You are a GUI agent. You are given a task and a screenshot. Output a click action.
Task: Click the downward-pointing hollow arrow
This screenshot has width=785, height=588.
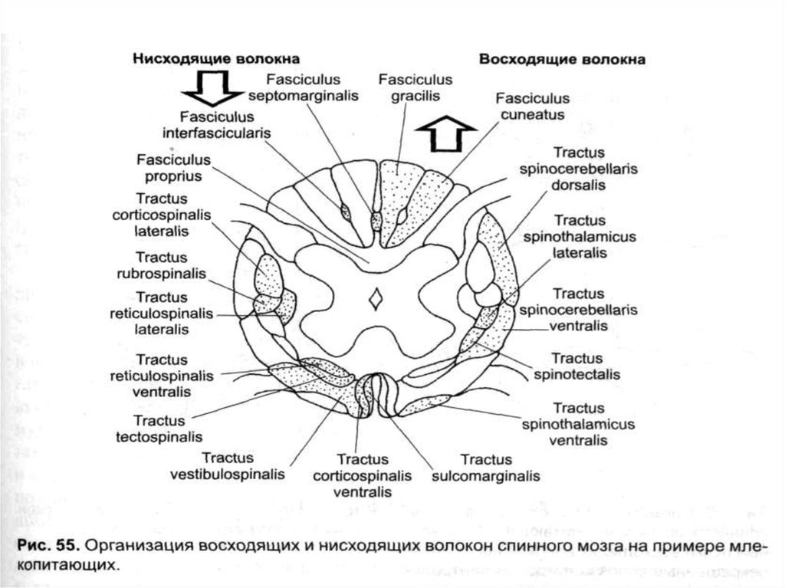[213, 87]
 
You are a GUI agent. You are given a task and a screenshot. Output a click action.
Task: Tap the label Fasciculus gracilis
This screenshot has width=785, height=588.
[415, 88]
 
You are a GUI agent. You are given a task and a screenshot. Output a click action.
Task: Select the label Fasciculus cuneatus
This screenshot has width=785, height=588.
[532, 107]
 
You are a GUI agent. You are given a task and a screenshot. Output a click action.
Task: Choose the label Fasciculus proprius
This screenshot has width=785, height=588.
[169, 167]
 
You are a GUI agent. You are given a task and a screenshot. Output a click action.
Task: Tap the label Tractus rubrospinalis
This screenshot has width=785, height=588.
[163, 265]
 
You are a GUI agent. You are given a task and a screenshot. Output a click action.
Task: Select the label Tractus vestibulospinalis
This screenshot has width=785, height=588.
[227, 466]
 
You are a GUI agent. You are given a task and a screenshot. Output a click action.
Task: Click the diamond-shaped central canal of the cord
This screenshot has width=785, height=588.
[376, 300]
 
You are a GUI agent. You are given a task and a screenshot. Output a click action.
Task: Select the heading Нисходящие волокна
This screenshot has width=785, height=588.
[217, 58]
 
